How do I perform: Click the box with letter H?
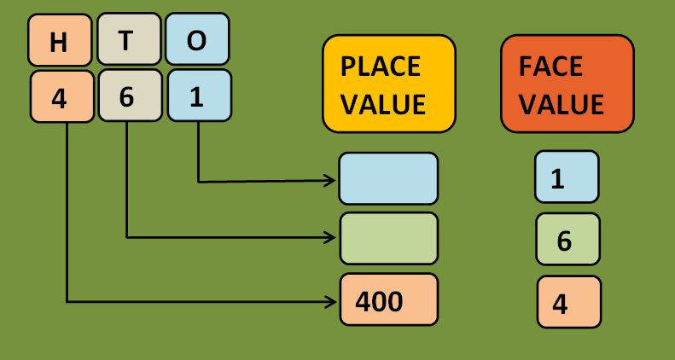coord(59,41)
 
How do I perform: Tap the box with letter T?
coord(128,39)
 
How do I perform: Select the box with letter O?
coord(196,39)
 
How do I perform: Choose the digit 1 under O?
coord(198,95)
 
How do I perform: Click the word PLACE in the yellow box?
coord(381,67)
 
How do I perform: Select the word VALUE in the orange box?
coord(562,104)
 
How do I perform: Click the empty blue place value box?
coord(388,178)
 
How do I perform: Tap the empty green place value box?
coord(388,238)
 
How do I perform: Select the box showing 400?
coord(388,299)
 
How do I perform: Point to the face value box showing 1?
coord(567,177)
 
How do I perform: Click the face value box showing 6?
coord(567,239)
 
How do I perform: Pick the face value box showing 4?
coord(569,302)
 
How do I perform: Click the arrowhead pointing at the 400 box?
coord(331,301)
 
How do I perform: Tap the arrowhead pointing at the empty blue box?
coord(330,181)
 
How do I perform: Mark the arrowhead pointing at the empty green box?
coord(331,237)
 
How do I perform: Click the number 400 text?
coord(379,301)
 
